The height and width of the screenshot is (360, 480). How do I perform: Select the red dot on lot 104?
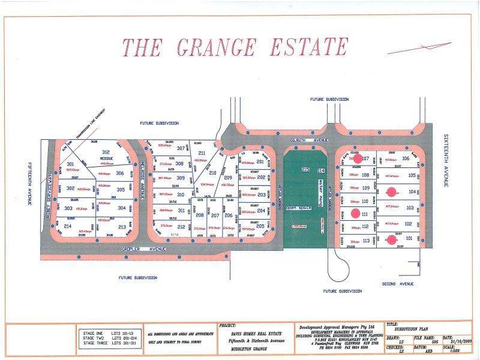[x=392, y=193]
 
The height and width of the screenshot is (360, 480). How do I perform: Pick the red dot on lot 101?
[x=392, y=239]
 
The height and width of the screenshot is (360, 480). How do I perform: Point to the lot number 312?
[x=106, y=152]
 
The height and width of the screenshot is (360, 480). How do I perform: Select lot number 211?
[x=202, y=154]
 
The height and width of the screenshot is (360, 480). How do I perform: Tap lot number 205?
[x=260, y=226]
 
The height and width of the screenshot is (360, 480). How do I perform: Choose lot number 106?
[x=406, y=158]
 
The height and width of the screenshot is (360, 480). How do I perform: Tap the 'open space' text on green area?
[x=296, y=208]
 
